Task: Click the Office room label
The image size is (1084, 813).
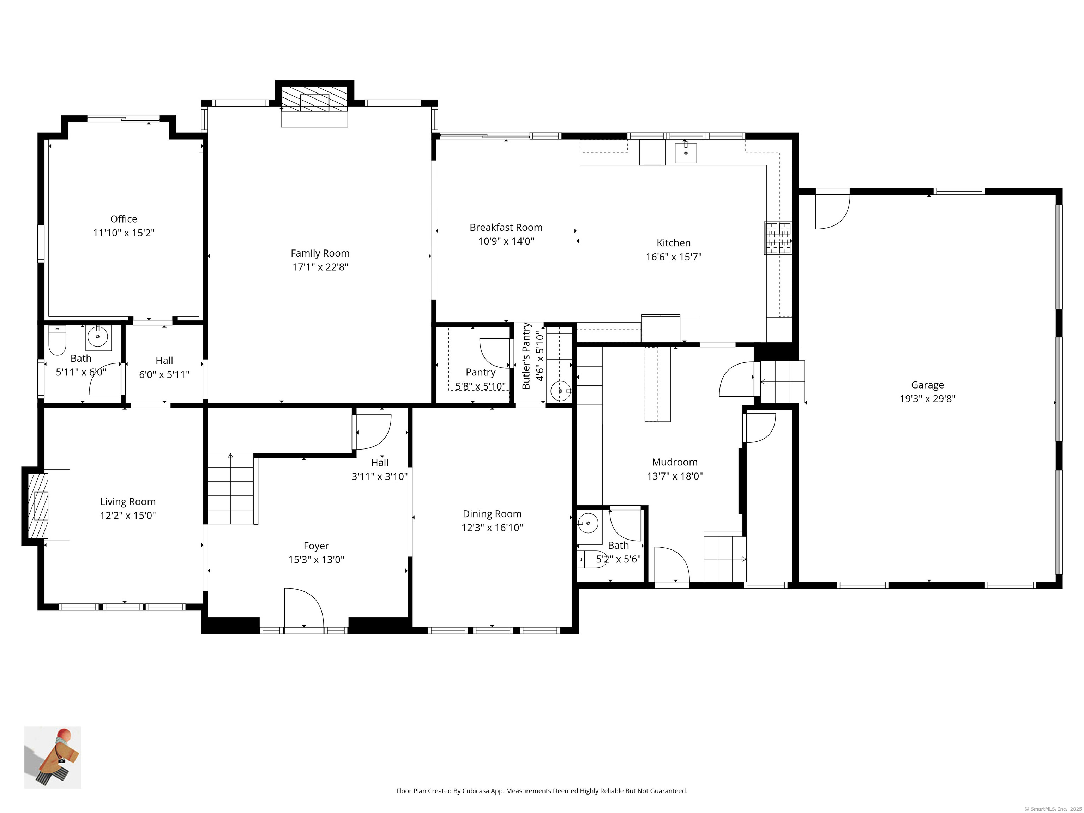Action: click(x=124, y=219)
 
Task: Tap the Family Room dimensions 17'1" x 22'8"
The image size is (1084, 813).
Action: click(x=320, y=267)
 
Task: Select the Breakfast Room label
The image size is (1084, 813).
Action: click(x=506, y=227)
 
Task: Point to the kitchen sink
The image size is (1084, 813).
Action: click(x=686, y=153)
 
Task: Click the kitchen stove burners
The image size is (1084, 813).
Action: click(x=778, y=238)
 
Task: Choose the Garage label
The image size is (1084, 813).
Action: click(x=927, y=385)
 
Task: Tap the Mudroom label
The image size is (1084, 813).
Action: click(x=674, y=462)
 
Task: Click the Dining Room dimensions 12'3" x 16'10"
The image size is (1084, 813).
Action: click(x=492, y=528)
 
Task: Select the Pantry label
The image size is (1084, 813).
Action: click(x=480, y=372)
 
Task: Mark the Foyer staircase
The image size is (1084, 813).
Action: click(x=231, y=489)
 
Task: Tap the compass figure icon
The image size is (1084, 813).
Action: click(x=53, y=757)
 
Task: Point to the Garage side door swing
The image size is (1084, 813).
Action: click(x=832, y=212)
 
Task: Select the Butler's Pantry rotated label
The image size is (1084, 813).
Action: click(x=527, y=356)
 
